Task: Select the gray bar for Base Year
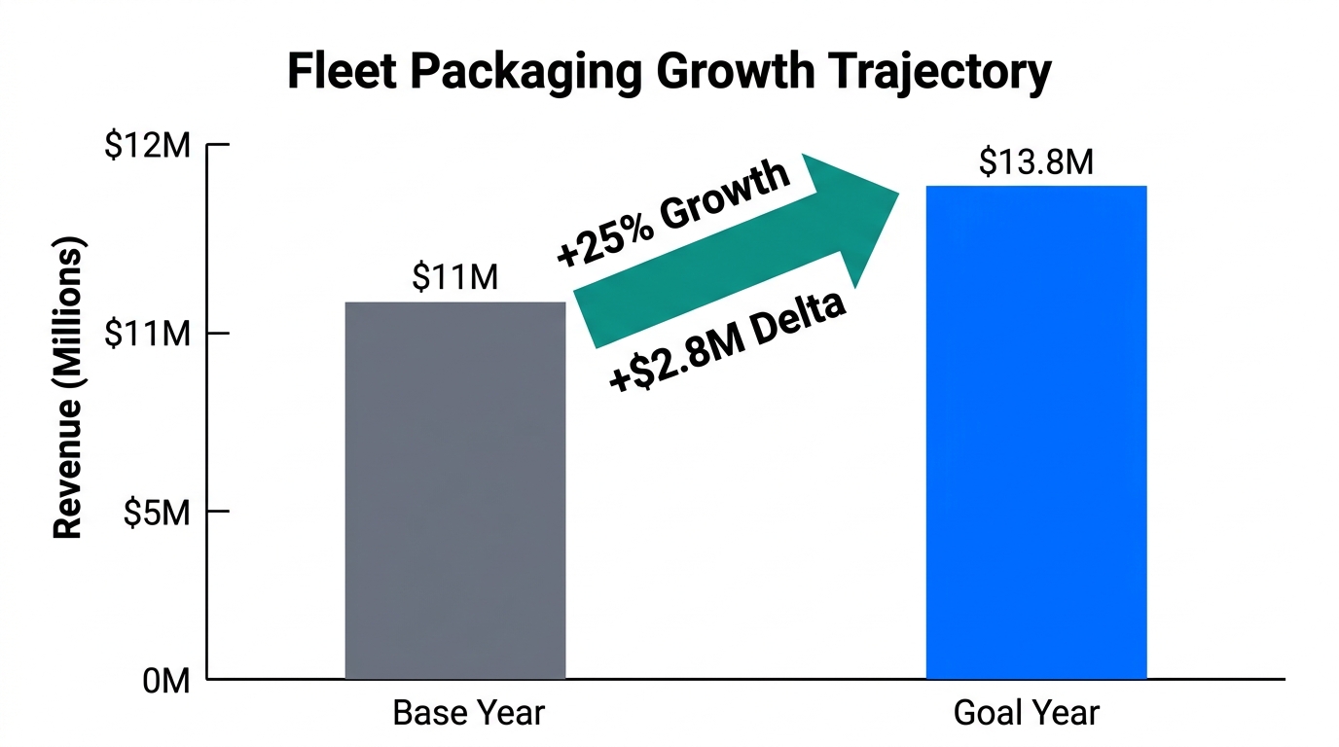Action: [x=455, y=491]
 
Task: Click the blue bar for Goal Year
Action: [x=1035, y=433]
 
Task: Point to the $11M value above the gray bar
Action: [x=454, y=277]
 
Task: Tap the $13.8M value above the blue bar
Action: [x=1035, y=161]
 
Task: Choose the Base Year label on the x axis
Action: [x=468, y=714]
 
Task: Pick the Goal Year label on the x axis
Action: [x=1026, y=714]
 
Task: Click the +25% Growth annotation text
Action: [x=672, y=213]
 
